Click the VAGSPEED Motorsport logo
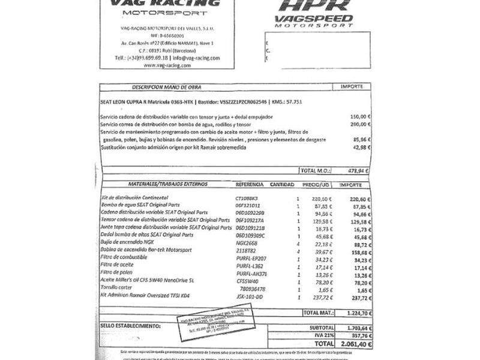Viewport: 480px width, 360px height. pyautogui.click(x=314, y=13)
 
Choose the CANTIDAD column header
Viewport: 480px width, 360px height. pyautogui.click(x=282, y=184)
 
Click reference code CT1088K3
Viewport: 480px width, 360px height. pyautogui.click(x=247, y=197)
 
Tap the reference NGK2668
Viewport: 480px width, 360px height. pyautogui.click(x=247, y=244)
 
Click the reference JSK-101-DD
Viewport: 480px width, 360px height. pyautogui.click(x=250, y=297)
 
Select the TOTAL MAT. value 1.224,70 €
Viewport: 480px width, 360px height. pyautogui.click(x=353, y=313)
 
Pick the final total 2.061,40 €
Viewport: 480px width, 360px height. pyautogui.click(x=353, y=344)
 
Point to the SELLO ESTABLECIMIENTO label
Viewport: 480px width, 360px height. pyautogui.click(x=130, y=326)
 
